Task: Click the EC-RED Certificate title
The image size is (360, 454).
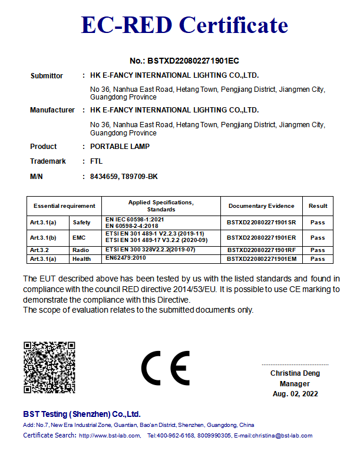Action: tap(184, 25)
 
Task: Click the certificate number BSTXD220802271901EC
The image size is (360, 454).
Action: tap(184, 61)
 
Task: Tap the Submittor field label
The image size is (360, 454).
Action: tap(47, 75)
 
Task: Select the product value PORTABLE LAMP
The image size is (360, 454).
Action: tap(120, 146)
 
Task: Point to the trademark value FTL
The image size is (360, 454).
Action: tap(97, 161)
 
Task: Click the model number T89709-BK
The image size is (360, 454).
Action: tap(140, 176)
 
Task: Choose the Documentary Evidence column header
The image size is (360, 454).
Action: tap(261, 206)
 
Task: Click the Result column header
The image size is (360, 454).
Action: tap(318, 206)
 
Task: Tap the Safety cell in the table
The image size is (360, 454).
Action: tap(82, 223)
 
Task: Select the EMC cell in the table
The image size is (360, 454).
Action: tap(79, 238)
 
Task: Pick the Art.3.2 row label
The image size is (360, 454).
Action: tap(40, 250)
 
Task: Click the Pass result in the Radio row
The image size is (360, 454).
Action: tap(318, 250)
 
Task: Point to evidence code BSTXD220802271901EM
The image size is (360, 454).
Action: tap(261, 259)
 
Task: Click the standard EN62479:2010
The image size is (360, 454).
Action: tap(125, 258)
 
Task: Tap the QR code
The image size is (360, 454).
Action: tap(49, 367)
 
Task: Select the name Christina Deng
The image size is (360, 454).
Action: tap(295, 373)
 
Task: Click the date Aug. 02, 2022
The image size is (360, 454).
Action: tap(295, 393)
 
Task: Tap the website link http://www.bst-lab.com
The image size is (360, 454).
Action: tap(110, 436)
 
